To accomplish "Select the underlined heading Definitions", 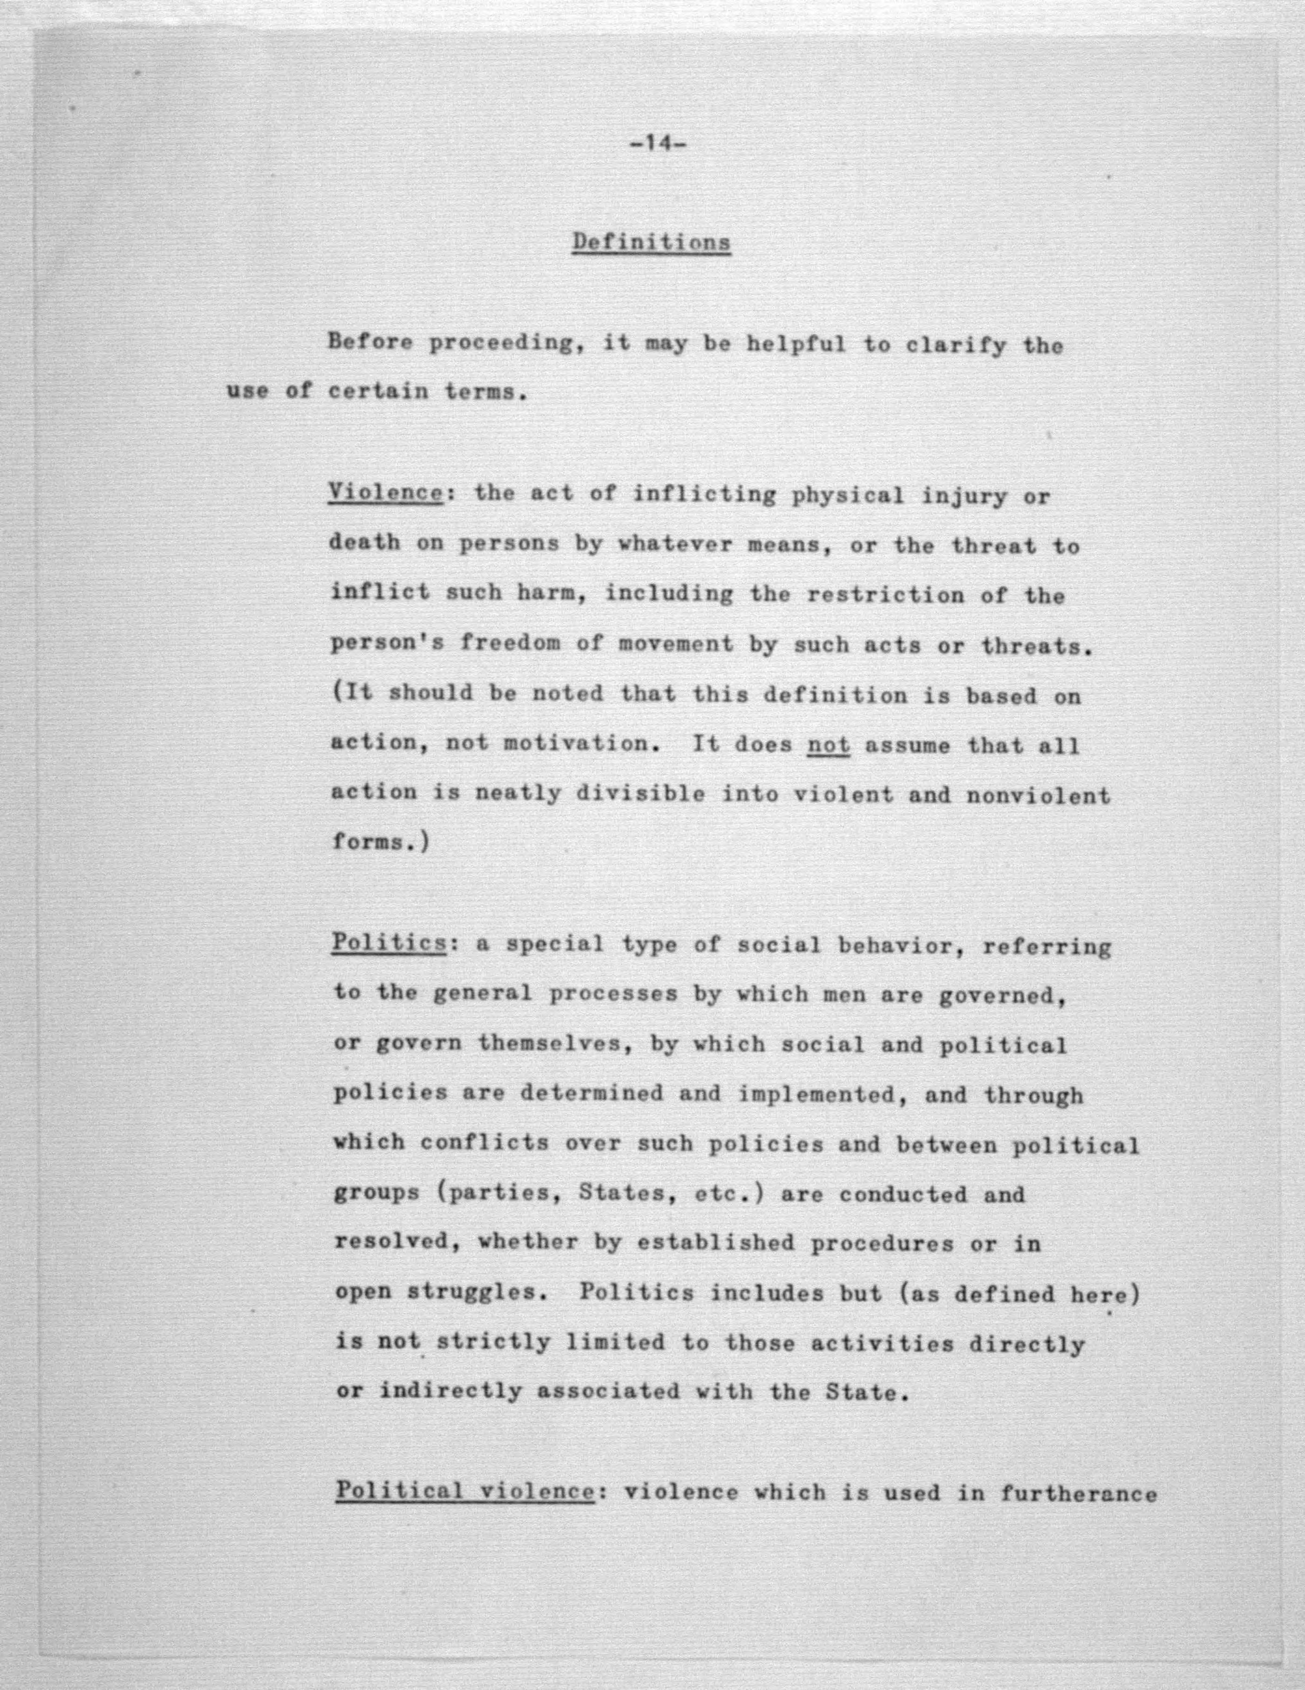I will click(x=651, y=242).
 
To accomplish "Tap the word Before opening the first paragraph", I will click(x=370, y=342).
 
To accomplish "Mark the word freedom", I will click(x=510, y=644).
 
